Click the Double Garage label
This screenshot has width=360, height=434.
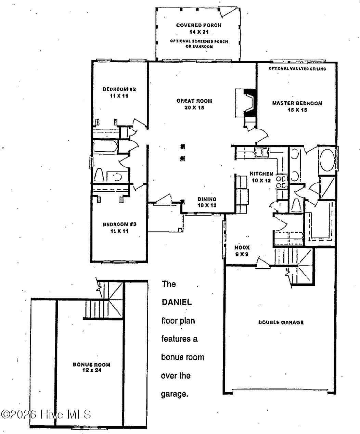click(x=281, y=322)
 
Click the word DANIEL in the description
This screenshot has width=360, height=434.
click(x=177, y=303)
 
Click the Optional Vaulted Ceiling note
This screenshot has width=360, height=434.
click(x=297, y=69)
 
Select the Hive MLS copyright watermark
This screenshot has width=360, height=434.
click(x=46, y=414)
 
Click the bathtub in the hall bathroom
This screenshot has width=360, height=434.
click(x=106, y=148)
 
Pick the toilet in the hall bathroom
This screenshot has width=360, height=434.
click(x=100, y=175)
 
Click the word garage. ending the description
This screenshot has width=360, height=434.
click(x=174, y=394)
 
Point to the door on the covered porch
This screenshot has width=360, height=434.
click(x=226, y=13)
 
